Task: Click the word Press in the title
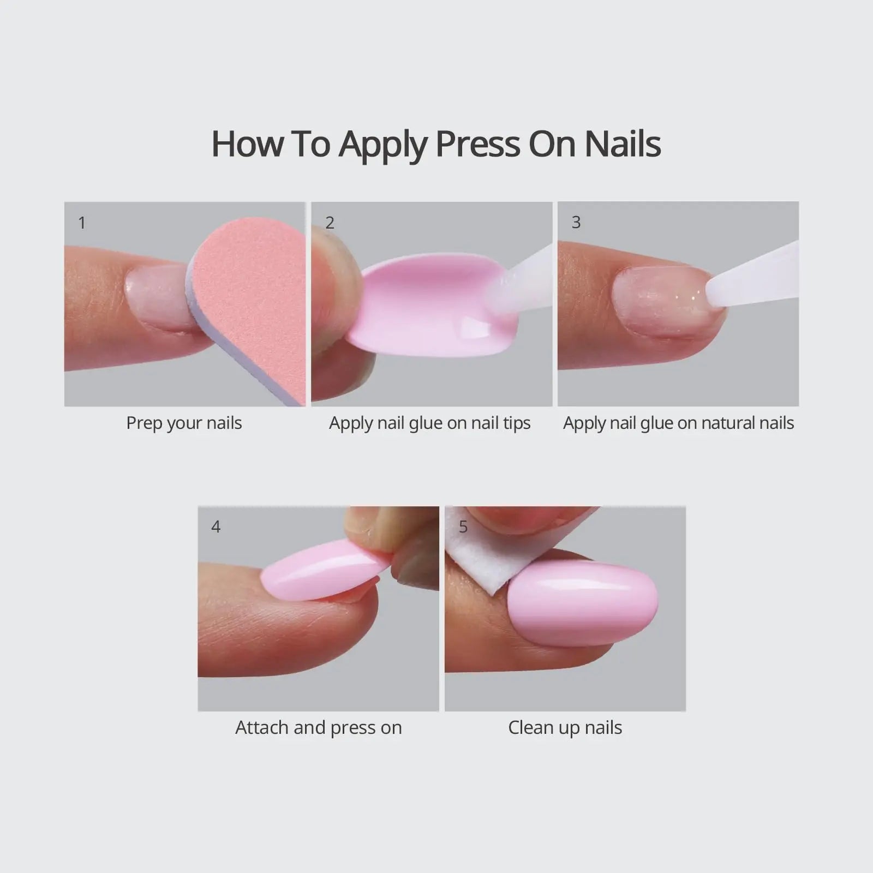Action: (x=477, y=144)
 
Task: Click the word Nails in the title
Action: (x=623, y=144)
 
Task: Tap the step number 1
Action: (x=82, y=223)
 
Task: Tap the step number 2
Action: (x=330, y=223)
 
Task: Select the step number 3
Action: (x=576, y=222)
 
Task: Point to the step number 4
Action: (x=216, y=527)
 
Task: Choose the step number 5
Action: (x=463, y=527)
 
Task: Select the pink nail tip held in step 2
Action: (x=420, y=308)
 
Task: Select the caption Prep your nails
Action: (x=184, y=423)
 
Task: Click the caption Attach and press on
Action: (x=318, y=728)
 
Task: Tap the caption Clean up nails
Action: (x=565, y=728)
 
